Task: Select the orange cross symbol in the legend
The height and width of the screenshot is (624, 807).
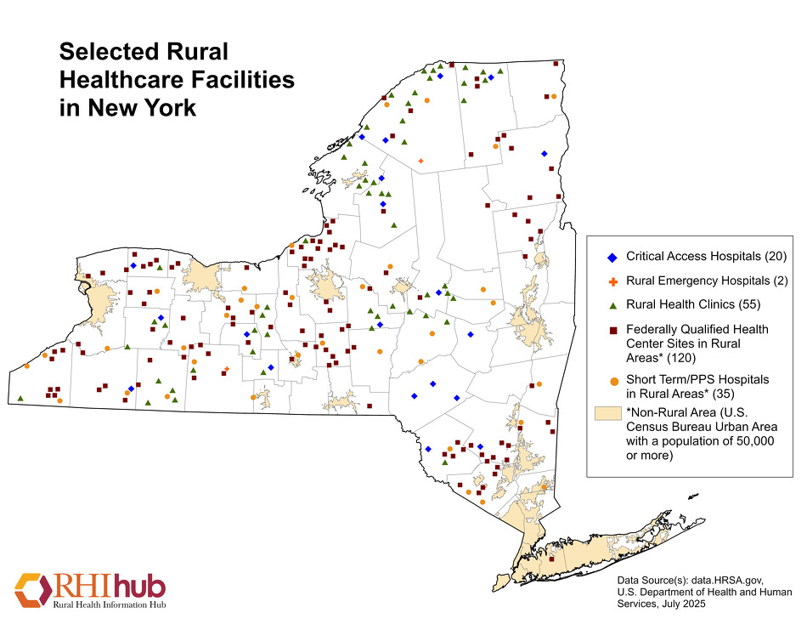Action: [610, 281]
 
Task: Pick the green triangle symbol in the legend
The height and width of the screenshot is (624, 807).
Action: [610, 303]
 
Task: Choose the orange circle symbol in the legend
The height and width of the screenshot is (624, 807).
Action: [610, 379]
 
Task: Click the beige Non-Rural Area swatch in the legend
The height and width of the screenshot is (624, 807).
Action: [606, 412]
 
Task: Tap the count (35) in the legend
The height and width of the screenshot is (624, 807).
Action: [724, 394]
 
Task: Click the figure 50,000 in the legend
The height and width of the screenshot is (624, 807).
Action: [747, 441]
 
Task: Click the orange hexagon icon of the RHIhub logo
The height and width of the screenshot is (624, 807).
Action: [31, 589]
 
